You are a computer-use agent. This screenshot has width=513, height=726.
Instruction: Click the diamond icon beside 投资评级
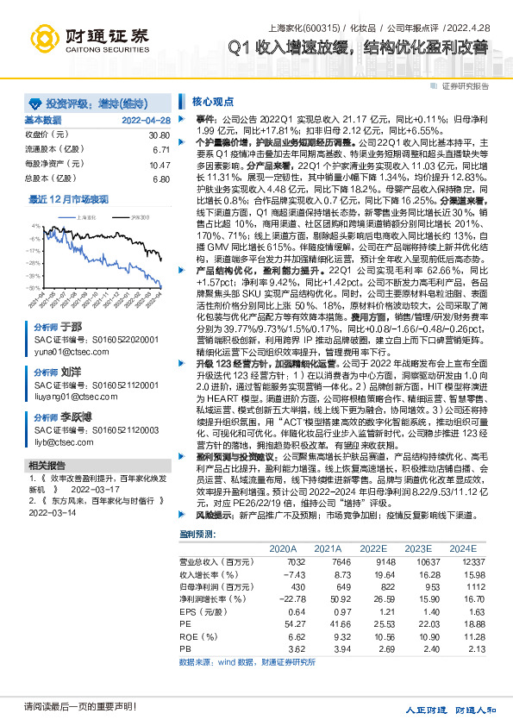(34, 101)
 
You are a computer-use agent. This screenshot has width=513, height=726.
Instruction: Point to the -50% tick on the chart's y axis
(32, 288)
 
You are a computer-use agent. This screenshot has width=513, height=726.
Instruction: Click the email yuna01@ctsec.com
(63, 353)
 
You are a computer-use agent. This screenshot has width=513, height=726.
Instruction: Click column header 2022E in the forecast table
(373, 548)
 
